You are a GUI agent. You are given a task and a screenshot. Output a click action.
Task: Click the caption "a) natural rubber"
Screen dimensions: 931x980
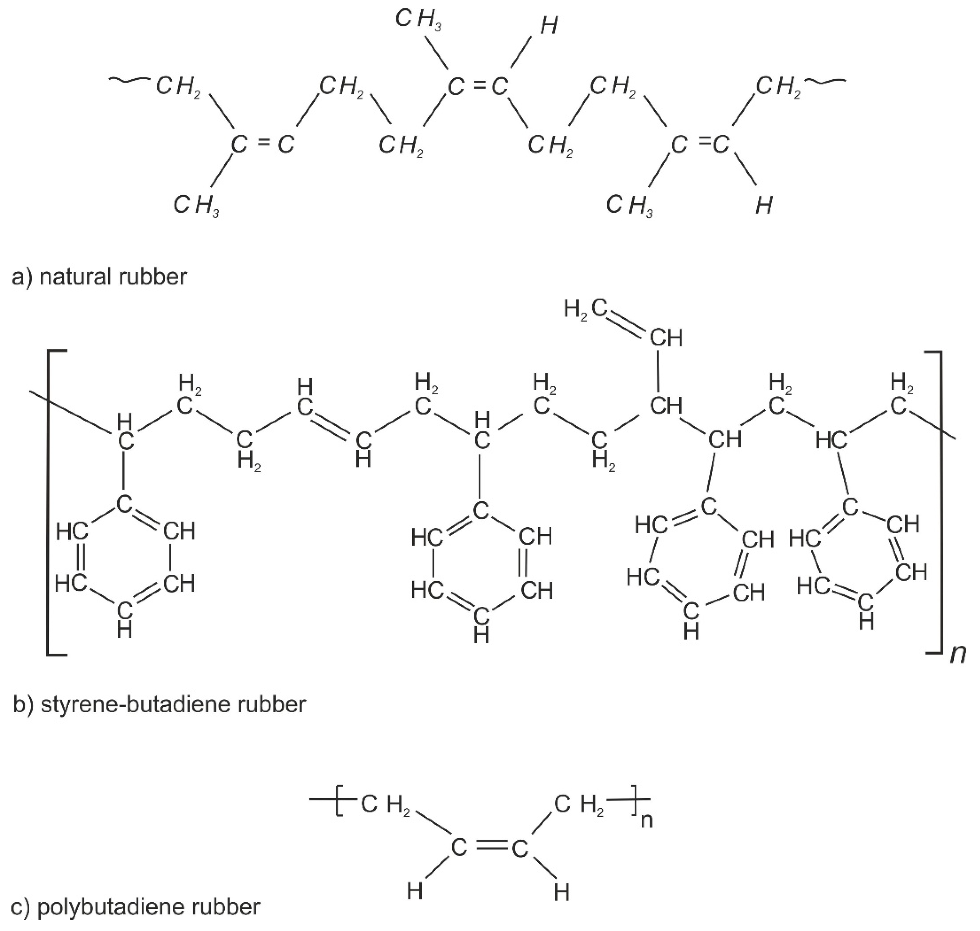(x=99, y=277)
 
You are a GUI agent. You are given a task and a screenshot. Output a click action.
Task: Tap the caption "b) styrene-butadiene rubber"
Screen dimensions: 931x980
(x=159, y=704)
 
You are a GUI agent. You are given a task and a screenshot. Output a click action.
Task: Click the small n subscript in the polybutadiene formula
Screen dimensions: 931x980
(x=646, y=821)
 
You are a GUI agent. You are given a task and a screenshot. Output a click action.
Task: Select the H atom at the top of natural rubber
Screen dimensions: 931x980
(x=549, y=26)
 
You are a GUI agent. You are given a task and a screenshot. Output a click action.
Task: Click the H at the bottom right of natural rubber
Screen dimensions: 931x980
(x=764, y=205)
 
